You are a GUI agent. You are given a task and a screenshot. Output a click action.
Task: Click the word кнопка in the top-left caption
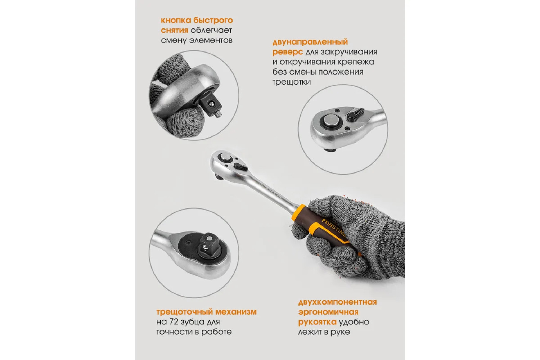[176, 21]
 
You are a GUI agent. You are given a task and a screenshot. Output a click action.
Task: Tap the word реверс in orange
[288, 52]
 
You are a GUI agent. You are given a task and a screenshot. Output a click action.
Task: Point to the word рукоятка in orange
[317, 322]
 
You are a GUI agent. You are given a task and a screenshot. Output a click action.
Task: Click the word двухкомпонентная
[338, 302]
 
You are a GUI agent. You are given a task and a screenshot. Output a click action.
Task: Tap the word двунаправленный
[310, 42]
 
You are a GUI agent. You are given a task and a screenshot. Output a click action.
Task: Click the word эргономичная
[328, 312]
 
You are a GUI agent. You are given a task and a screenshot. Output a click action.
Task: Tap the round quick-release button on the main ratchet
[225, 158]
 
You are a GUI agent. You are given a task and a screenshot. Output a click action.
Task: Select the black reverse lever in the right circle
[355, 115]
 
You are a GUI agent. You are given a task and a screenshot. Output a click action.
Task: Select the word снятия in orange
[174, 31]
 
